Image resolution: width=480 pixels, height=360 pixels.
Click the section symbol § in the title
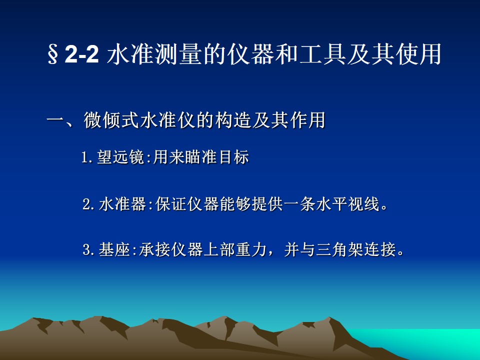(52, 54)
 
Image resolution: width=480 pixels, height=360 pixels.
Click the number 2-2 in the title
(81, 54)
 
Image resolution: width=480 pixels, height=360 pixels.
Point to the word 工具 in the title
(322, 54)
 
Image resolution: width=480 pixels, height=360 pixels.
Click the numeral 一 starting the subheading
(55, 120)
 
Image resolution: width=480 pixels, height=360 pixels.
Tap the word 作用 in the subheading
(307, 120)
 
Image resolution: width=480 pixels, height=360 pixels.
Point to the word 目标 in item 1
(234, 157)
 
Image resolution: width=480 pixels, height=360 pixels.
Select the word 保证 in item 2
(171, 203)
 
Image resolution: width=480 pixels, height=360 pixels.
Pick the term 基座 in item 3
(114, 249)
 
